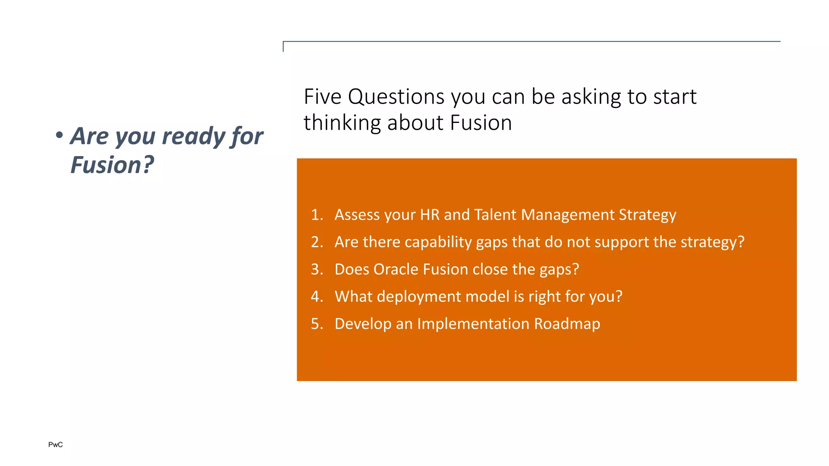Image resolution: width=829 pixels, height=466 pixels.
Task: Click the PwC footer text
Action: click(55, 445)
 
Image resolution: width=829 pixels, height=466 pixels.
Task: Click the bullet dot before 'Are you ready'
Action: click(60, 136)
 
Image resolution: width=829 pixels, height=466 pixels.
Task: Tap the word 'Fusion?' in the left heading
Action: click(112, 165)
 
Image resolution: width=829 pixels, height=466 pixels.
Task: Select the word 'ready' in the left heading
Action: click(193, 136)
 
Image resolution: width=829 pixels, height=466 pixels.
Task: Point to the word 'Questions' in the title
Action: click(396, 97)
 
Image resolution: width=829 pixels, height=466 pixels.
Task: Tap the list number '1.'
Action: click(317, 215)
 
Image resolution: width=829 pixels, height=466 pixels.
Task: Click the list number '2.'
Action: click(317, 242)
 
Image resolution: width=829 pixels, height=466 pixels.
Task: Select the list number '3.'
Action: click(317, 269)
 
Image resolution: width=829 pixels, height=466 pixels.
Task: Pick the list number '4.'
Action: click(317, 297)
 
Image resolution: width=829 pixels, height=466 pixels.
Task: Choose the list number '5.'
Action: click(317, 324)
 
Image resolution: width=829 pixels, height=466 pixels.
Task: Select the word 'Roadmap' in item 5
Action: click(567, 324)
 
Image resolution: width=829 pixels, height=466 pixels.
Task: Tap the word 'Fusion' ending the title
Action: click(481, 123)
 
